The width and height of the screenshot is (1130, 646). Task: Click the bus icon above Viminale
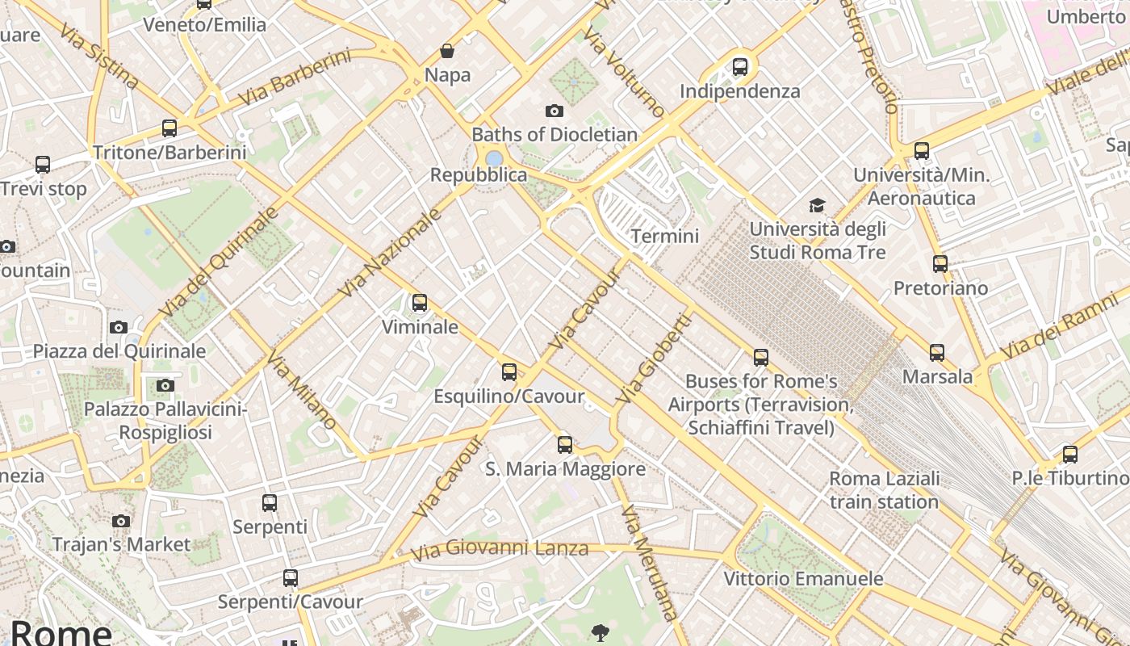pos(420,303)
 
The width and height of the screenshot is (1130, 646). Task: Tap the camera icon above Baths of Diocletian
pos(554,111)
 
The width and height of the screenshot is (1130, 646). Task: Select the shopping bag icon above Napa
pos(447,52)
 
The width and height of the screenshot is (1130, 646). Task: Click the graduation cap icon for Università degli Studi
pos(818,205)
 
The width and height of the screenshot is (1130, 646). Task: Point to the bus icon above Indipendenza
pos(740,67)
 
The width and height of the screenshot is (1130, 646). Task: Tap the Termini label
pos(665,236)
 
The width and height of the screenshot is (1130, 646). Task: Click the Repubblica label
pos(479,175)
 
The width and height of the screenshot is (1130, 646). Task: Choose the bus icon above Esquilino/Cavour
pos(509,372)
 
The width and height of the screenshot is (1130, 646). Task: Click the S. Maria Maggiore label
pos(565,469)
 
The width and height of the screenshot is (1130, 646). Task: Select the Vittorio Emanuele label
pos(803,579)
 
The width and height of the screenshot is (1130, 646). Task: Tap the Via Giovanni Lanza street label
pos(500,551)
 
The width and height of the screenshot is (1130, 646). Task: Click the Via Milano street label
pos(302,391)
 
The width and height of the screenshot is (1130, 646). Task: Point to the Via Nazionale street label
pos(391,252)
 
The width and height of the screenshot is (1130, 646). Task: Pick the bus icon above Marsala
pos(937,353)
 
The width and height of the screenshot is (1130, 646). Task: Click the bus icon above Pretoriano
pos(940,264)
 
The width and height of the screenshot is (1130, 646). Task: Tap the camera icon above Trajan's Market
pos(121,521)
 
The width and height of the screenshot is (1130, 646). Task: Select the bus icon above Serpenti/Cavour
pos(291,578)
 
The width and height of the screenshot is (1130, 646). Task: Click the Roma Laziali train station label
pos(885,490)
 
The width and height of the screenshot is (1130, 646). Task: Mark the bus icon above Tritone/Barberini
pos(169,128)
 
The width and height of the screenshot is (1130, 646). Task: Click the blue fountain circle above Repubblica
pos(495,158)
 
